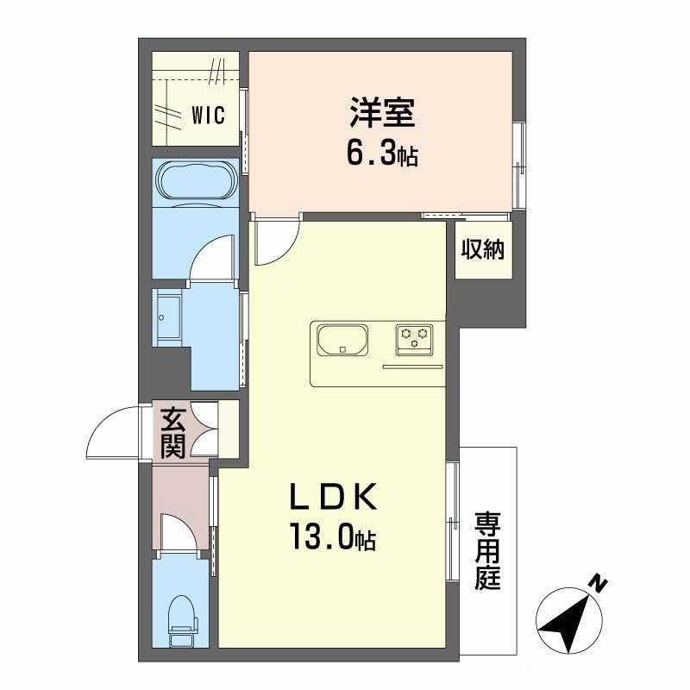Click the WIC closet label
[208, 115]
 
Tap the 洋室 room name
[382, 113]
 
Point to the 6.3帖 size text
[382, 154]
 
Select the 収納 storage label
[483, 249]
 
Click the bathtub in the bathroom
[196, 181]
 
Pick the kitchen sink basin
[342, 340]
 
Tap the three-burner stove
[414, 340]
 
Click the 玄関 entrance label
[172, 433]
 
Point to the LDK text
[333, 498]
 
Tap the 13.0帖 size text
[332, 536]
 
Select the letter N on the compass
[598, 584]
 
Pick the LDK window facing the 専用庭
[453, 521]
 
